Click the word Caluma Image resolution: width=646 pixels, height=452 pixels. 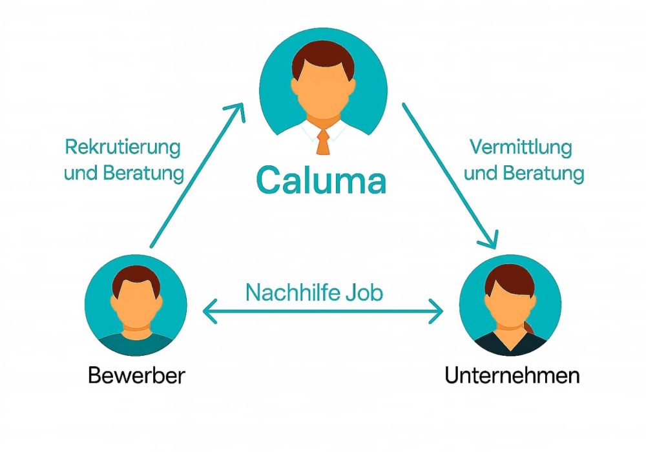(x=321, y=181)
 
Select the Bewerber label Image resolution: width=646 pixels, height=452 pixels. (x=136, y=375)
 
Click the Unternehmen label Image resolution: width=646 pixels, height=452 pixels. (x=512, y=375)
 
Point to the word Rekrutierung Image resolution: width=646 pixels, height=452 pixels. (x=122, y=147)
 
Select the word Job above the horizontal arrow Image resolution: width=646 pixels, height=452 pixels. (x=363, y=293)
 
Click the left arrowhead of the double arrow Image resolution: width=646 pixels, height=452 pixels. (x=208, y=313)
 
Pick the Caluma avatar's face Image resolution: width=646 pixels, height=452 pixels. (x=323, y=90)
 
